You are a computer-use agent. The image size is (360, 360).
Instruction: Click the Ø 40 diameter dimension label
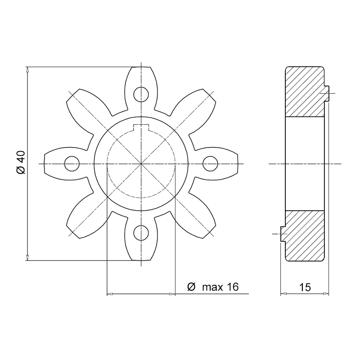[21, 162]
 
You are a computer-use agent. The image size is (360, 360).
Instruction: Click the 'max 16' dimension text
[220, 287]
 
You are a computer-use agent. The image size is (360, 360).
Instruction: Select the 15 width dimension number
[305, 288]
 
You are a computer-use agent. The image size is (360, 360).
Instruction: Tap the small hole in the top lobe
[141, 94]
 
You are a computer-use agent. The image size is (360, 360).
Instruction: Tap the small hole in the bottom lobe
[141, 233]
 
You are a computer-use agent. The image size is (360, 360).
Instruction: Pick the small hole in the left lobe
[72, 164]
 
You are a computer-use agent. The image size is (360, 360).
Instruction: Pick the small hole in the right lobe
[211, 164]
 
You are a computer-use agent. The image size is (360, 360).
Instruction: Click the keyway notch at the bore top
[141, 128]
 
